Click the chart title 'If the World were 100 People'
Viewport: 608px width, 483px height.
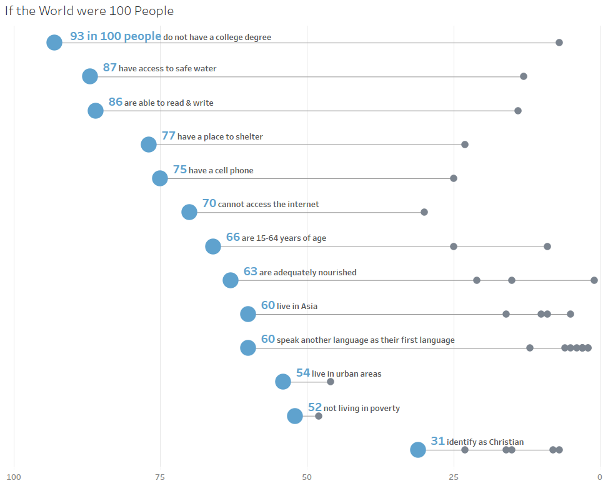point(89,11)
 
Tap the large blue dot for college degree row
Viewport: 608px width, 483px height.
point(54,43)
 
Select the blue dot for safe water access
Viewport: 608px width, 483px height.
point(90,76)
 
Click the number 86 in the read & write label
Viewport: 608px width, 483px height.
point(115,102)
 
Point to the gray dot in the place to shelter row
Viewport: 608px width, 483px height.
point(465,145)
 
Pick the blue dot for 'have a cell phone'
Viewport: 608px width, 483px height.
point(160,178)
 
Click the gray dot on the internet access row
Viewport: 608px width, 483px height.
point(424,212)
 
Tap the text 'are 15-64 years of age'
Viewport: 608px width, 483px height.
point(284,238)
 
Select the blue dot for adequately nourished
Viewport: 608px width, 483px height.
point(231,280)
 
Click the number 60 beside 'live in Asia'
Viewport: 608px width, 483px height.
point(268,305)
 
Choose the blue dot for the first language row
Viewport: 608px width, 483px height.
point(248,348)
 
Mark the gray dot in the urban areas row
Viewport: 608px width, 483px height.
point(331,382)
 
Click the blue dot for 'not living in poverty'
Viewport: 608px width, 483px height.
point(295,416)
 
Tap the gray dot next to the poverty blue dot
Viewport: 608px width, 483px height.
point(319,416)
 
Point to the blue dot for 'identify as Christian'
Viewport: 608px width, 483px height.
point(418,450)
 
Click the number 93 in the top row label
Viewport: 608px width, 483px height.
point(77,36)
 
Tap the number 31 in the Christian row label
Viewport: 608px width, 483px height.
point(437,441)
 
